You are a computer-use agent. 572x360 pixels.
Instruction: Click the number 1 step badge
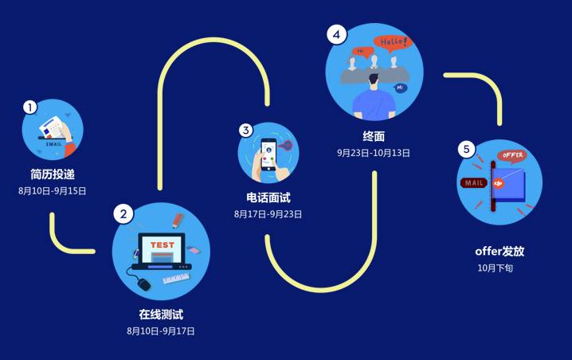click(30, 107)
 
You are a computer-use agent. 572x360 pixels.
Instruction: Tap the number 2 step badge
click(123, 213)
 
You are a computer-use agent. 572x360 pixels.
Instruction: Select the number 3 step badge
click(246, 130)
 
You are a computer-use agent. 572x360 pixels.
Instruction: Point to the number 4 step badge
click(337, 34)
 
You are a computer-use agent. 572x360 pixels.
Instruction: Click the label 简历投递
click(53, 174)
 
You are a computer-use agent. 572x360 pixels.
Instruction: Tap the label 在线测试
click(161, 314)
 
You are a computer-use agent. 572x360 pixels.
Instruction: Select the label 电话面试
click(268, 197)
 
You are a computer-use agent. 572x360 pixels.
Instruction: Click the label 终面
click(373, 135)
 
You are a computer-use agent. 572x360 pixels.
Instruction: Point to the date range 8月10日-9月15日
click(53, 191)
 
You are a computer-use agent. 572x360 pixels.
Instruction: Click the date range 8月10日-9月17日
click(161, 331)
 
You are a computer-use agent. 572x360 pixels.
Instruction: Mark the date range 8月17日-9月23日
click(268, 214)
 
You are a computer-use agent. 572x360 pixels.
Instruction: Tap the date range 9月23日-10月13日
click(374, 153)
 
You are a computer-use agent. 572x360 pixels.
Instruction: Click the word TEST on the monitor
click(162, 245)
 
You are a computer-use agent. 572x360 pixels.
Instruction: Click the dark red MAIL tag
click(474, 183)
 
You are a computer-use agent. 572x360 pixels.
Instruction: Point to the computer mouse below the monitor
click(144, 283)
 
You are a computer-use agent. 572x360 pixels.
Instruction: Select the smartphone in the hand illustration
click(269, 154)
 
